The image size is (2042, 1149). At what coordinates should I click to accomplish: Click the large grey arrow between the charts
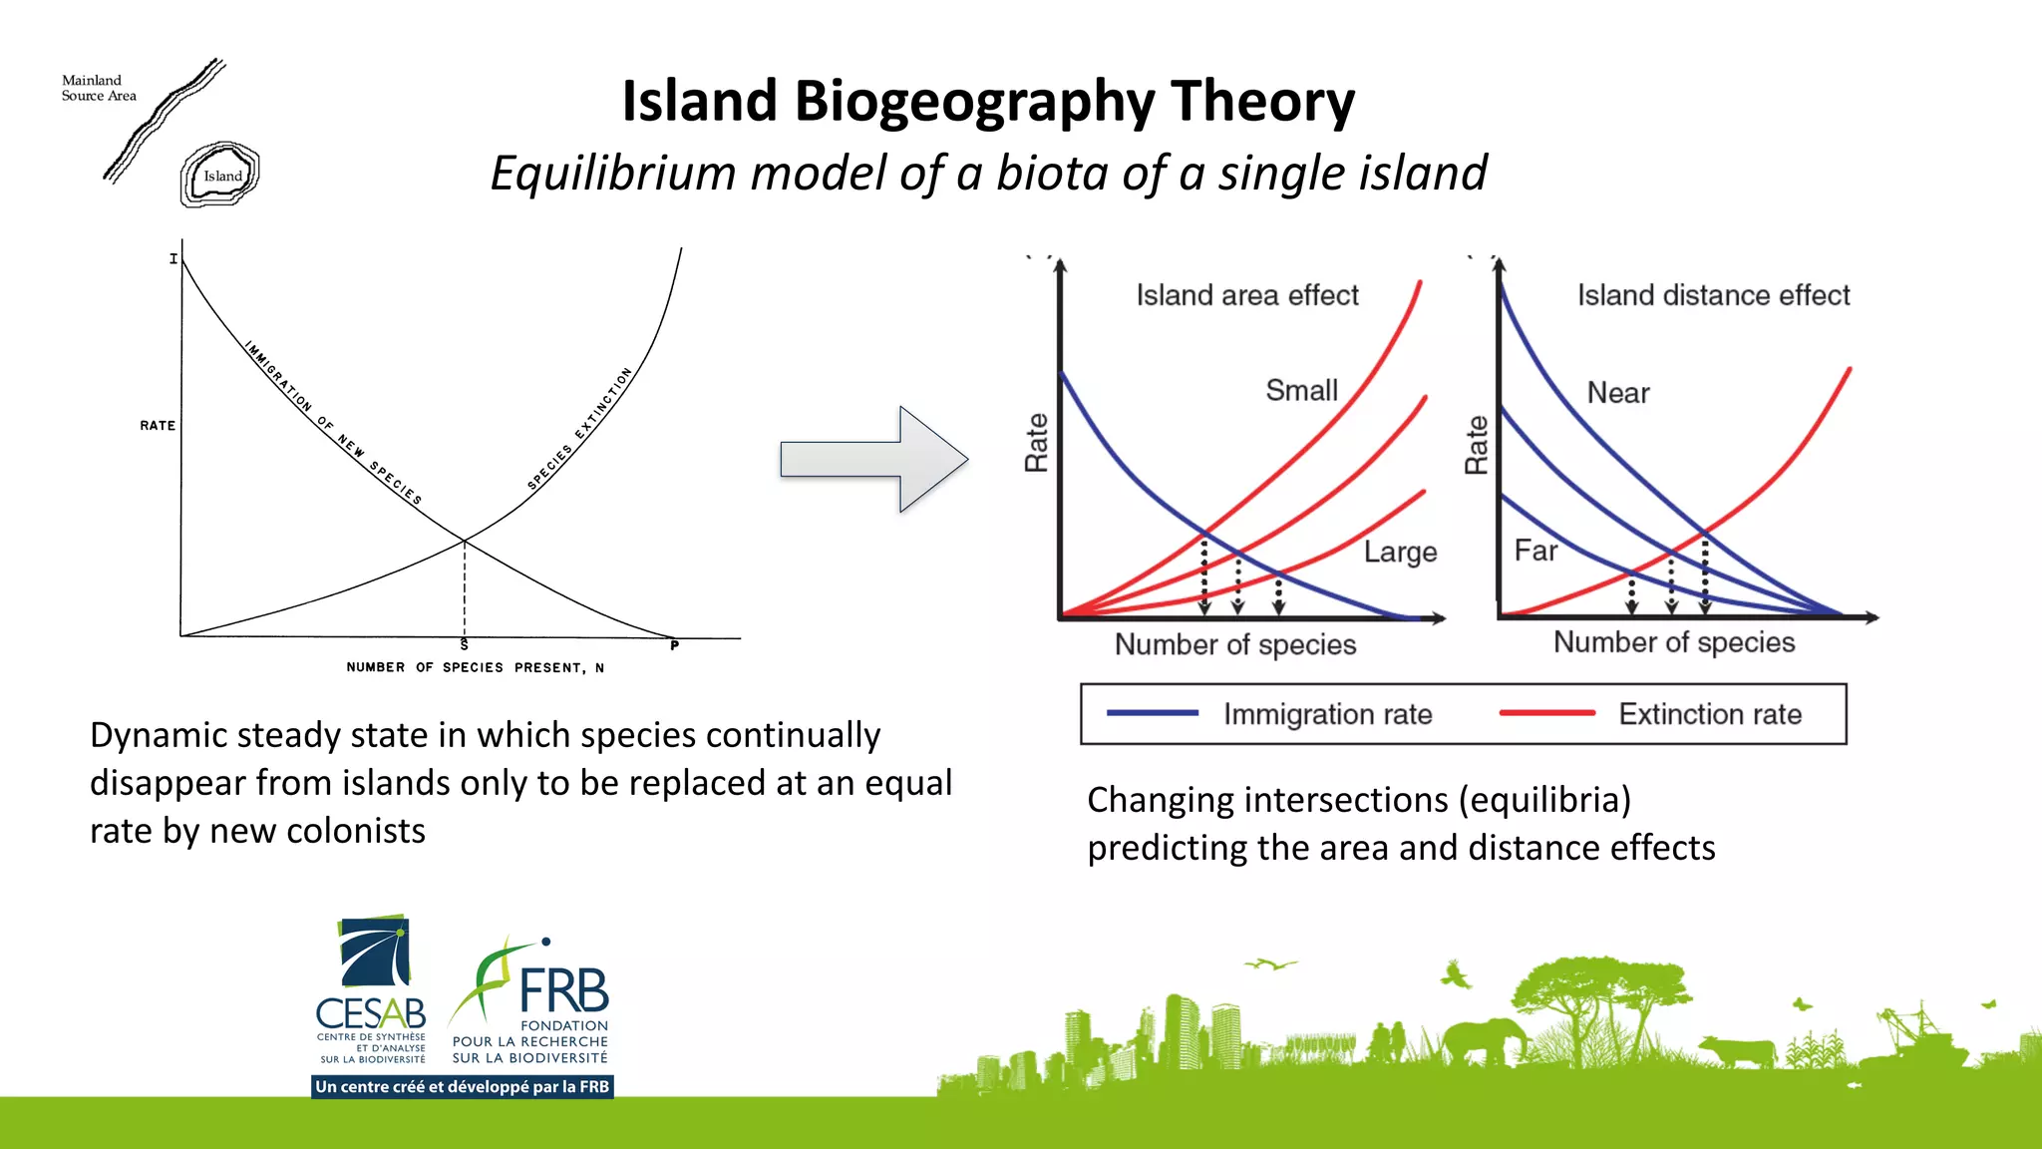coord(873,460)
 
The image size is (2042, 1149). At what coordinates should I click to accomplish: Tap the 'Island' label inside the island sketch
coord(222,177)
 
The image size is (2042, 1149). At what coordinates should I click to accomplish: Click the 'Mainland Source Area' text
coord(98,88)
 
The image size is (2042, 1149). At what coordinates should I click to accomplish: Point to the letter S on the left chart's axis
coord(464,645)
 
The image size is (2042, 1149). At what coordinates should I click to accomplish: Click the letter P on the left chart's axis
coord(675,645)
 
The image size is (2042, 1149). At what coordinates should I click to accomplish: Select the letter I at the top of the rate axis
coord(172,258)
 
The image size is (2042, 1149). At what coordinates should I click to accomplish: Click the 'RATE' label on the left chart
coord(158,425)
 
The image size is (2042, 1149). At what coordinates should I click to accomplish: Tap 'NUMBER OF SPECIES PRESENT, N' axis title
coord(475,667)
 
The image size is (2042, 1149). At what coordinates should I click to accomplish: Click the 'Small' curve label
coord(1301,390)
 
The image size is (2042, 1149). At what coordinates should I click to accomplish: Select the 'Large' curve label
coord(1400,552)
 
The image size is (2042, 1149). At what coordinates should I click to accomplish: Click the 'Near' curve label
coord(1617,393)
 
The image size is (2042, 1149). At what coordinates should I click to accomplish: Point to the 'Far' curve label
coord(1535,551)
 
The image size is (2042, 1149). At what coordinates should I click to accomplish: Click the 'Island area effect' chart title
coord(1246,295)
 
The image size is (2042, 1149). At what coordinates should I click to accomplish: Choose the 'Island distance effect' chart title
coord(1712,295)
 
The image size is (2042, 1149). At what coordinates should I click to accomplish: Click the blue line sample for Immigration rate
coord(1152,713)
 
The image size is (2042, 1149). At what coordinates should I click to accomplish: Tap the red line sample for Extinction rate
coord(1545,713)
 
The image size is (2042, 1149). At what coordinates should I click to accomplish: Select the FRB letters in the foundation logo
coord(563,990)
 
